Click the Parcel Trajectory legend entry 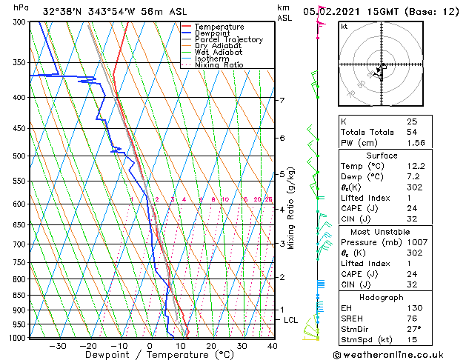(x=228, y=40)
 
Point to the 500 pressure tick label (x=20, y=156)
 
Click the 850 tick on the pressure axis (x=20, y=296)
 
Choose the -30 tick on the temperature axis (x=58, y=346)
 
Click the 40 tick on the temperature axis (x=273, y=346)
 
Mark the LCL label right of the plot (x=291, y=320)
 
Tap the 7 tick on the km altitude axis (x=282, y=100)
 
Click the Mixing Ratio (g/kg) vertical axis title (x=292, y=207)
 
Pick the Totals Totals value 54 (x=411, y=131)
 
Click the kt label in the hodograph (x=344, y=26)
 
